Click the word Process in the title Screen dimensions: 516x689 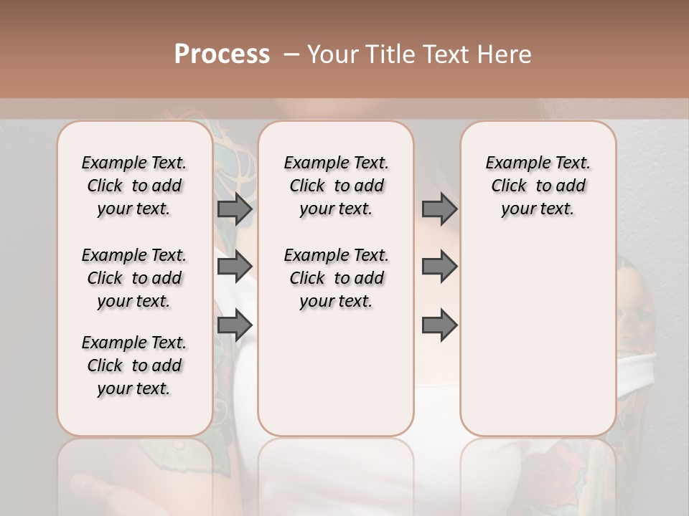point(222,54)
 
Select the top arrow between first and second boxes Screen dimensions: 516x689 point(235,209)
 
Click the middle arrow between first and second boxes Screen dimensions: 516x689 point(235,267)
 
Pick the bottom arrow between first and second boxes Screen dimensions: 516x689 point(235,325)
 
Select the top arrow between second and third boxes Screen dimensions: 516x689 point(439,209)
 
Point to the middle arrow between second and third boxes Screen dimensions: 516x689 point(439,267)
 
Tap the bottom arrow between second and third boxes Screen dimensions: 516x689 point(439,325)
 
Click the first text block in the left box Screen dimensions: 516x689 point(134,186)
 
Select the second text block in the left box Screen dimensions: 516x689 point(134,278)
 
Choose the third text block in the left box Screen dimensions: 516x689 point(134,365)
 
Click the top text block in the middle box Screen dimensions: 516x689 point(336,186)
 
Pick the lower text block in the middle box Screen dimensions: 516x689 point(336,278)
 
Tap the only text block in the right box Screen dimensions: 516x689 point(538,186)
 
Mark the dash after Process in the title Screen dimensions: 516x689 point(291,54)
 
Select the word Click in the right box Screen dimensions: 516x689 point(509,186)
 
